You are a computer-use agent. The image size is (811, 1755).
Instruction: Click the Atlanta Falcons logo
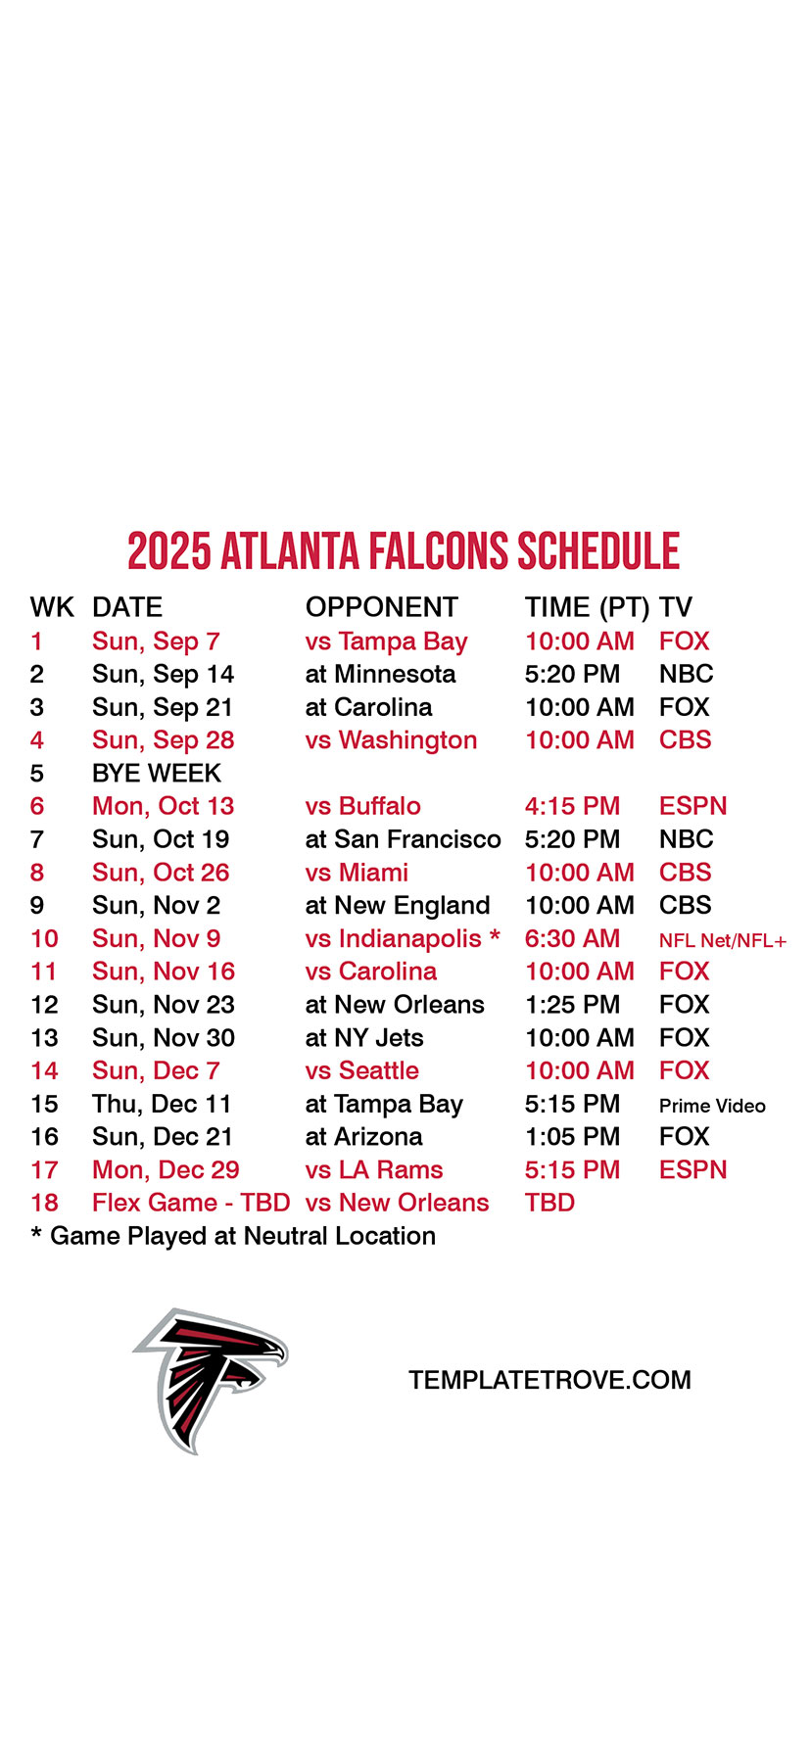click(x=210, y=1379)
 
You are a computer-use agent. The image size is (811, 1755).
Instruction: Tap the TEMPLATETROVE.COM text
click(x=549, y=1380)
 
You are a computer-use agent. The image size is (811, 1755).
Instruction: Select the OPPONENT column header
click(x=382, y=607)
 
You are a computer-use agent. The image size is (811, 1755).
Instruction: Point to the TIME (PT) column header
click(x=587, y=608)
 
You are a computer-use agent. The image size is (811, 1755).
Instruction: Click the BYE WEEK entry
click(x=157, y=774)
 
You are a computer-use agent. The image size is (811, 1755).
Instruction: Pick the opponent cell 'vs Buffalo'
click(x=363, y=806)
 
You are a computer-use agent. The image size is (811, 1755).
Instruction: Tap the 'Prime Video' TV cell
click(x=712, y=1106)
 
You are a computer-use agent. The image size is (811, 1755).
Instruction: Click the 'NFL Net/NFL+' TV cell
click(x=723, y=941)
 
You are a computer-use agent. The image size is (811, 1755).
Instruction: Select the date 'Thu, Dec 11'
click(x=162, y=1105)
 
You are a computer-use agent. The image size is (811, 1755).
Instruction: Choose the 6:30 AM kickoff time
click(x=572, y=938)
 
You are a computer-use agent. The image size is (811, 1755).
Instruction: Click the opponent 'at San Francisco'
click(x=403, y=839)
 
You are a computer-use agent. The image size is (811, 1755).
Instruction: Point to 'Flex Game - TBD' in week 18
click(x=191, y=1203)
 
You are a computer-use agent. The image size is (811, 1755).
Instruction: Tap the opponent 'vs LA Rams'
click(x=374, y=1169)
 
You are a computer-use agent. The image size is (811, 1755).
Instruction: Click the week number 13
click(x=44, y=1038)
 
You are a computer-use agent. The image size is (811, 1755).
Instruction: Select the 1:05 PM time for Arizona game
click(x=572, y=1137)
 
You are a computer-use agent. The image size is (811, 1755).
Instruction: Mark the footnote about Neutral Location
click(x=233, y=1236)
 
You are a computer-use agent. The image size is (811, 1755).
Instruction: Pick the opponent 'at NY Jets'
click(x=364, y=1038)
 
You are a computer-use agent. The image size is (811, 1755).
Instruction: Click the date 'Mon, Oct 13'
click(x=164, y=806)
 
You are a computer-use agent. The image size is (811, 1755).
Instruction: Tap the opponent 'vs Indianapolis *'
click(x=403, y=938)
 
